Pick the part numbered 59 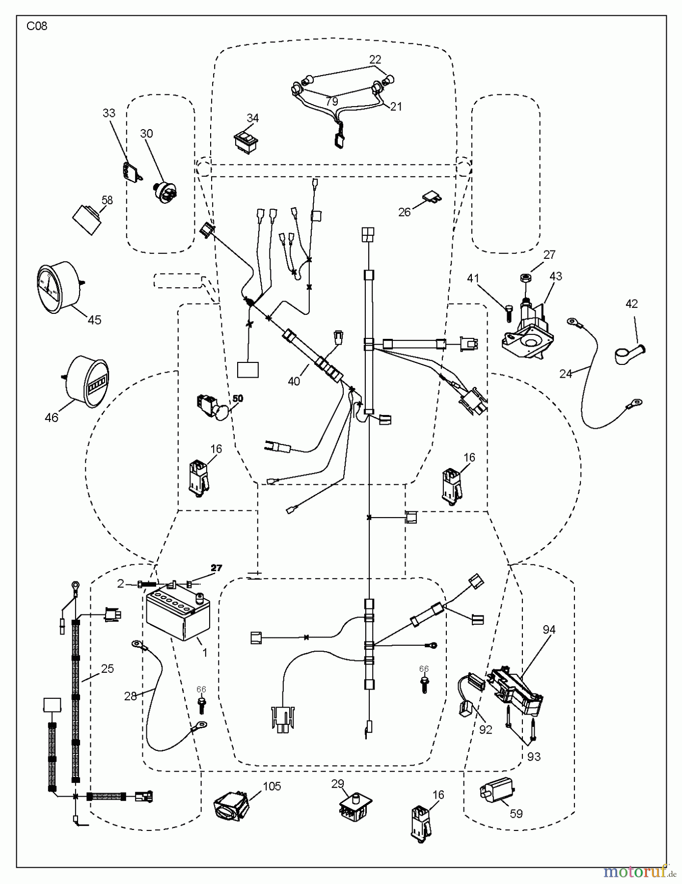click(x=495, y=791)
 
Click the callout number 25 click(x=108, y=668)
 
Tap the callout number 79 click(x=332, y=102)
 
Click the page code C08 click(x=37, y=27)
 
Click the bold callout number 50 click(x=238, y=398)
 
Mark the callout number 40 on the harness click(x=294, y=381)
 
